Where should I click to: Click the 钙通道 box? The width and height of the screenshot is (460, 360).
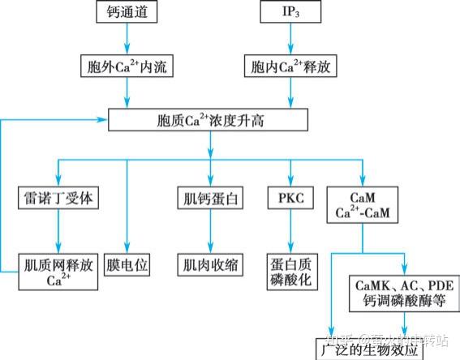tap(125, 13)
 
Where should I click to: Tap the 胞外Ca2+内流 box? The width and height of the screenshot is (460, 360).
tap(126, 66)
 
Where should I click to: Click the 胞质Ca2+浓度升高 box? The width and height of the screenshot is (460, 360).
tap(209, 121)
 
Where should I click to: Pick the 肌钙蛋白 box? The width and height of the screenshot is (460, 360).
tap(209, 197)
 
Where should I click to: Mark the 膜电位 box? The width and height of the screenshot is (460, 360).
tap(126, 264)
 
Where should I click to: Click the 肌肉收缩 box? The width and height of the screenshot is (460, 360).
tap(209, 264)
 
